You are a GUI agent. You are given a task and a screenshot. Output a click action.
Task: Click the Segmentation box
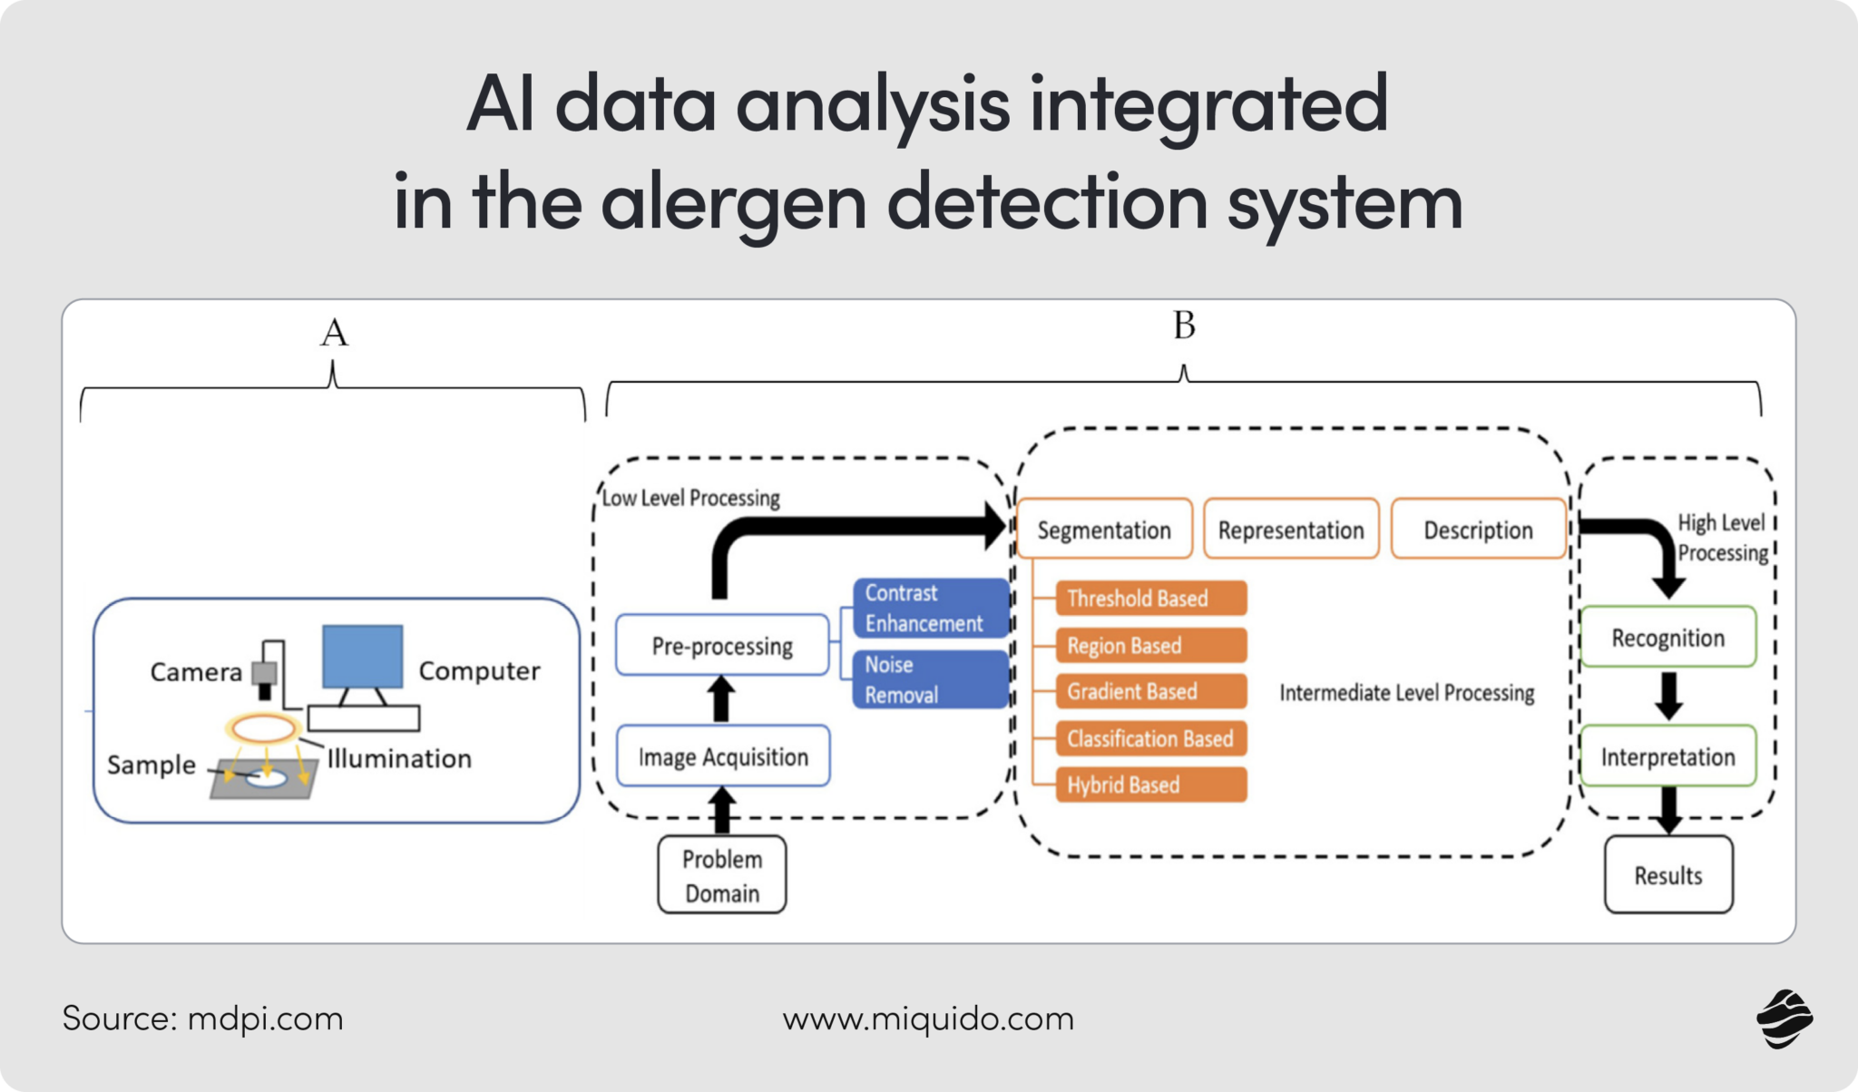tap(1104, 529)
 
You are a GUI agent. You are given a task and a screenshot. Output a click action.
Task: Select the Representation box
tap(1291, 529)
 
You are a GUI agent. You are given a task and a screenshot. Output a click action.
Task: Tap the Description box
tap(1478, 529)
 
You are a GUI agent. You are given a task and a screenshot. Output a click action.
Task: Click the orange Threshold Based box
tap(1150, 599)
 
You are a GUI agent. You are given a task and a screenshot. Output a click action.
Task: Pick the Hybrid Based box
tap(1150, 785)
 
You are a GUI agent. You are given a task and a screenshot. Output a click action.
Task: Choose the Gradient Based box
tap(1150, 691)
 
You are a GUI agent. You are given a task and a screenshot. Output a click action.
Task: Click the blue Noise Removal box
tap(930, 679)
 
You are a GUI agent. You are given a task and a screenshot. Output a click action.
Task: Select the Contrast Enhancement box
tap(930, 608)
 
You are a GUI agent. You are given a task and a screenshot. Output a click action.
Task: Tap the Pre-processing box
tap(722, 646)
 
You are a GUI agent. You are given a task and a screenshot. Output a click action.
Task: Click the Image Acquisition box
tap(723, 756)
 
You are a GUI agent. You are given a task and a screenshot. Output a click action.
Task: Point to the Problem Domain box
tap(722, 875)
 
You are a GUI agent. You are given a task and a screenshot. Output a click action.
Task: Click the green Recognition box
tap(1667, 638)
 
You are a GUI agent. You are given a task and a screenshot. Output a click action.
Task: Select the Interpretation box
tap(1667, 756)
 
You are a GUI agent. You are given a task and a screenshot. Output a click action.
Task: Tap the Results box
tap(1667, 875)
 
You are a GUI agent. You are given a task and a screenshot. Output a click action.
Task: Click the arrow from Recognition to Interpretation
tap(1668, 697)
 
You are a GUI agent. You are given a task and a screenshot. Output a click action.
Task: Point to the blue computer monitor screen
tap(363, 656)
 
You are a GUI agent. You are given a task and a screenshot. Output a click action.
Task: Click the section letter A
tap(334, 333)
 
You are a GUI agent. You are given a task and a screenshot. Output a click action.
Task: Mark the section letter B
tap(1184, 326)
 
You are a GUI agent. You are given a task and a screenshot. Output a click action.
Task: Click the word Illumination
tap(399, 758)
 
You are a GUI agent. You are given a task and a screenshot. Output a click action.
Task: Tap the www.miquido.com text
tap(928, 1019)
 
